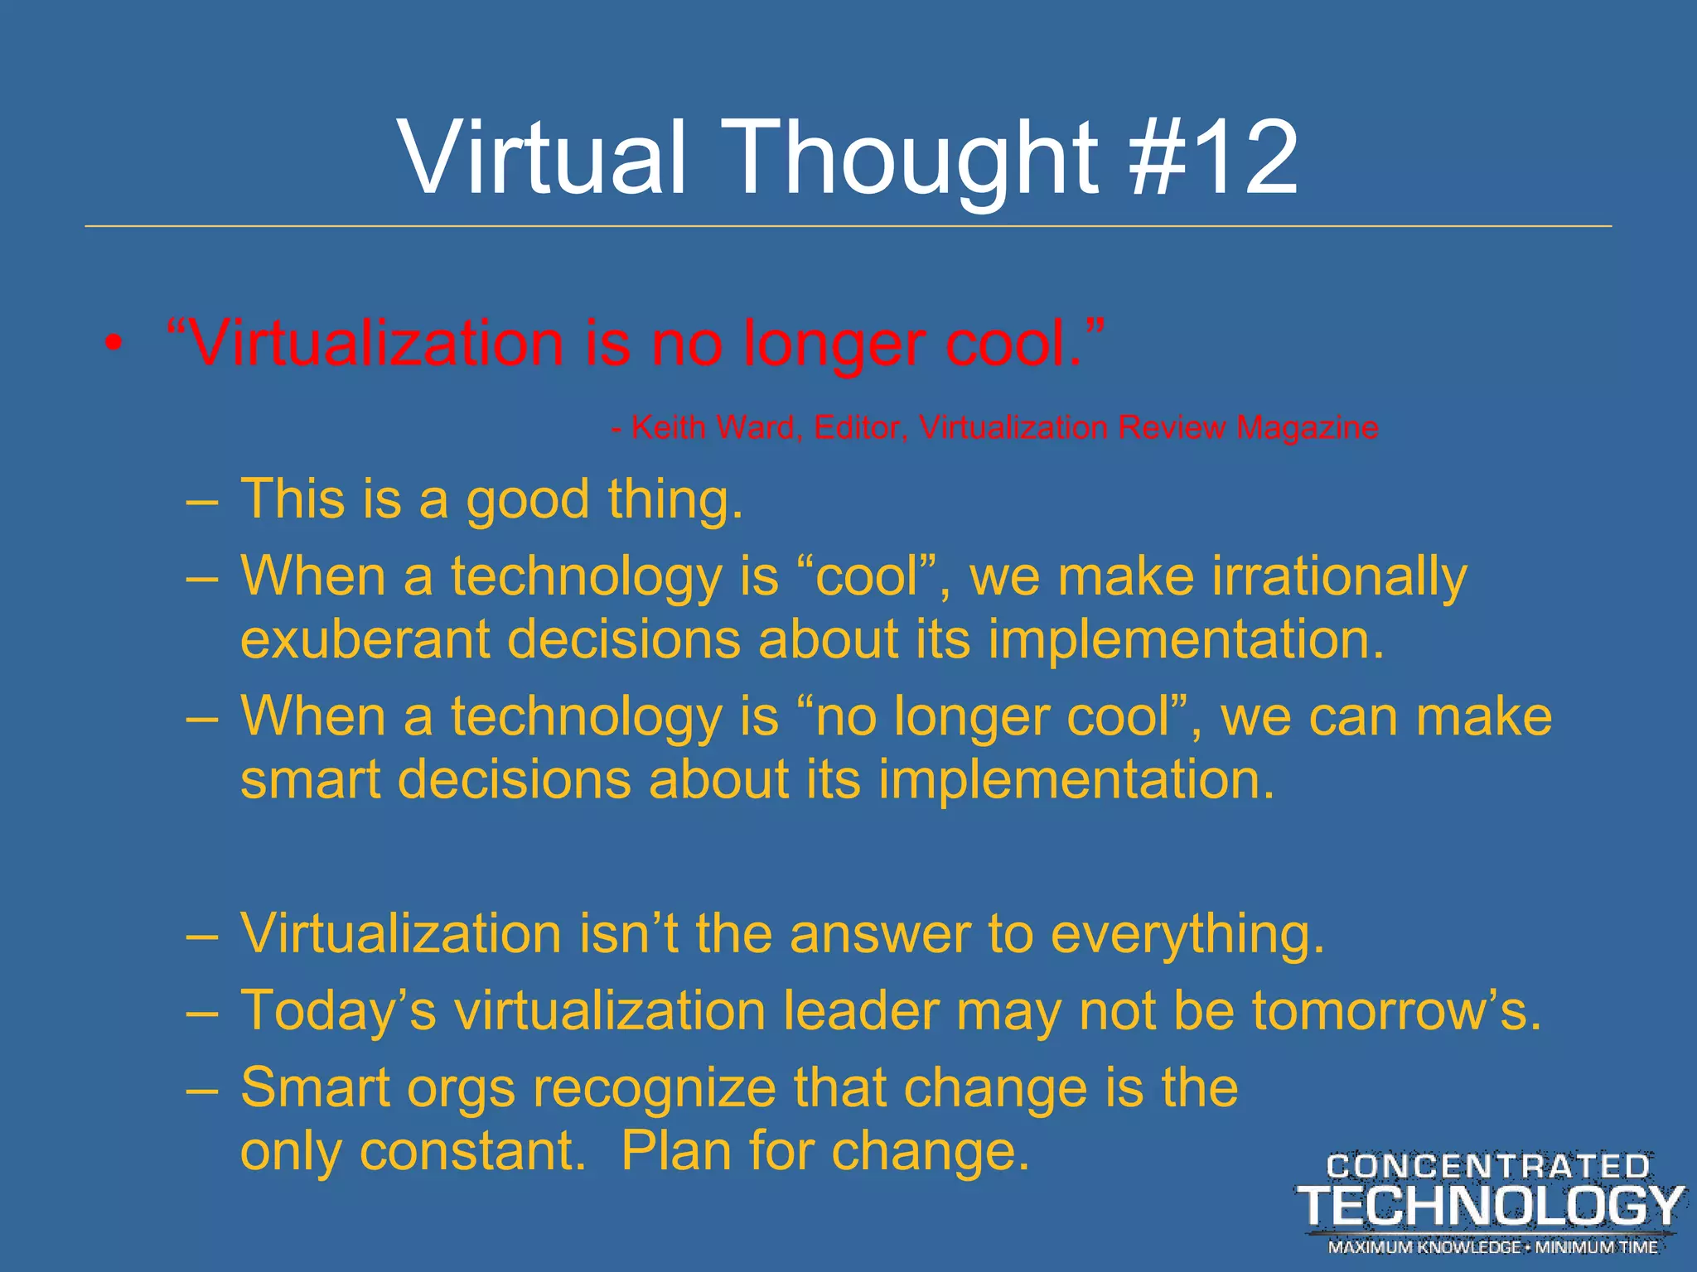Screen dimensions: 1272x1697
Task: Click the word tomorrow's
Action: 1396,1012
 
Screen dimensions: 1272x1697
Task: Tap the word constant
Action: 472,1152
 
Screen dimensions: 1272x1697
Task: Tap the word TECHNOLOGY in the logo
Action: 1489,1205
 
